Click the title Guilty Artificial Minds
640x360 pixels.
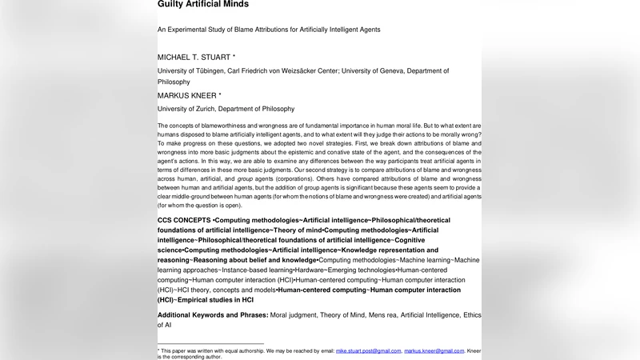click(202, 5)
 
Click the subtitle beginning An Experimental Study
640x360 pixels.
click(268, 30)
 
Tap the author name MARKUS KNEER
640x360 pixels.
click(186, 96)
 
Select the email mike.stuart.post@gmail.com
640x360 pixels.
click(368, 350)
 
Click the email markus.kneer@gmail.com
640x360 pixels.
click(434, 350)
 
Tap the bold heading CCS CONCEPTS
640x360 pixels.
click(184, 220)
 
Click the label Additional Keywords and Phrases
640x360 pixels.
click(213, 315)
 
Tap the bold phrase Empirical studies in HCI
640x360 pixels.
click(216, 300)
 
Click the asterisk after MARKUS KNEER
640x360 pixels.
click(220, 96)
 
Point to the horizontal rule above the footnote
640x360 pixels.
click(210, 344)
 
